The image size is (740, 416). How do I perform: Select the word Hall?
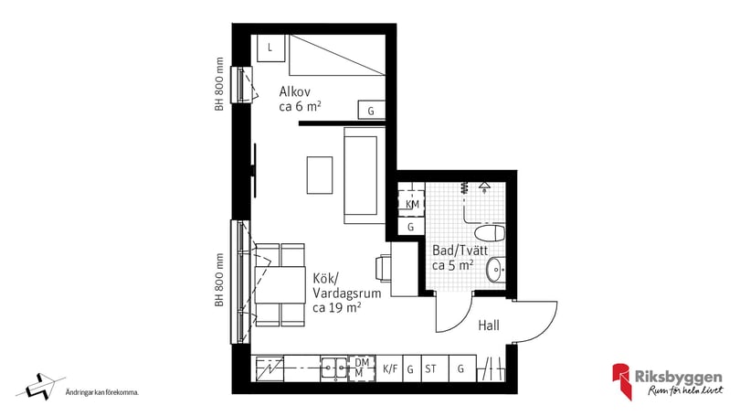490,325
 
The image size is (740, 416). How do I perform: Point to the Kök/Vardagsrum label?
336,293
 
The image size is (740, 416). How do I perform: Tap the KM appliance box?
412,203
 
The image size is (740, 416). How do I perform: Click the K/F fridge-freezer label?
390,368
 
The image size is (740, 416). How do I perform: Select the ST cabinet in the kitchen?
431,368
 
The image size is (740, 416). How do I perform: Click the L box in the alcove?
270,47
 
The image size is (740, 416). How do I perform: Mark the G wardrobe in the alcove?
371,111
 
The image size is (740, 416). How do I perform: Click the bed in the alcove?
336,57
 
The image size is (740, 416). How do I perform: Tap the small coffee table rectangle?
320,175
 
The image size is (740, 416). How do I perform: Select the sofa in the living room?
361,176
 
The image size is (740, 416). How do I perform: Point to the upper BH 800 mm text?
219,84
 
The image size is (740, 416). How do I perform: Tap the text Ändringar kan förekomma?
101,393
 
